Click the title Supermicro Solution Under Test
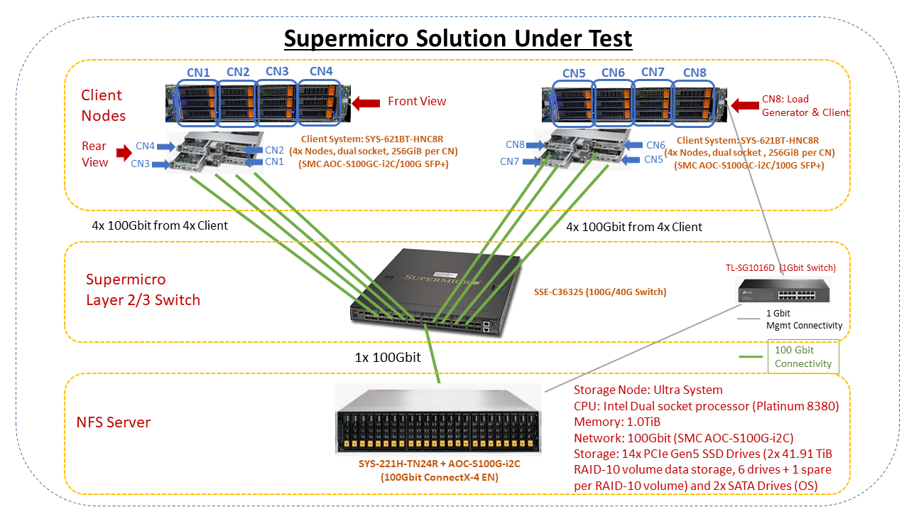click(458, 38)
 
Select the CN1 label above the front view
click(198, 72)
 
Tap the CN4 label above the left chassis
click(320, 71)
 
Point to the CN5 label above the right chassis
click(574, 73)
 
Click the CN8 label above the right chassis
click(695, 73)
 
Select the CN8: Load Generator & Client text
click(805, 105)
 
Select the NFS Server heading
click(114, 422)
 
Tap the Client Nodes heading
click(103, 105)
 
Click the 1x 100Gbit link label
click(388, 358)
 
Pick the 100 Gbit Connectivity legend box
click(802, 357)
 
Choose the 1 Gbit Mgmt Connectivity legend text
click(804, 319)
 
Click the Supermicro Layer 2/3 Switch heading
click(143, 289)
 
